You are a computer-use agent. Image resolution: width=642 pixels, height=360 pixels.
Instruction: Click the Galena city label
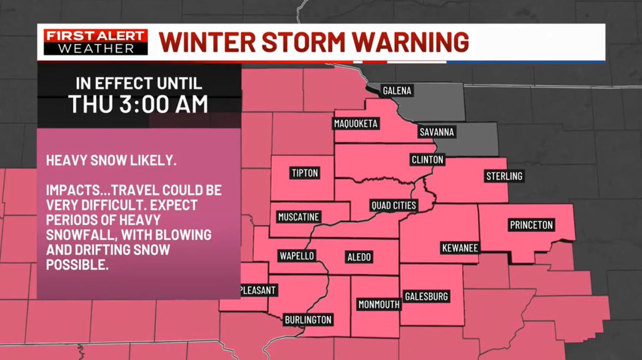point(397,91)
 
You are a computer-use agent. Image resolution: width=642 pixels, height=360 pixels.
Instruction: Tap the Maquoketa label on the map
point(356,124)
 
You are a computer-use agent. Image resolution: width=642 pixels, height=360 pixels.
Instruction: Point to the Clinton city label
point(427,159)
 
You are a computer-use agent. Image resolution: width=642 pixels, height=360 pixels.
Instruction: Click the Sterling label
point(503,176)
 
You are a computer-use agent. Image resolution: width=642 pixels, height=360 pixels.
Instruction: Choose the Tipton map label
point(305,173)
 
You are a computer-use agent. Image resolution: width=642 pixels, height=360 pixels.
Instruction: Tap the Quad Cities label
point(394,205)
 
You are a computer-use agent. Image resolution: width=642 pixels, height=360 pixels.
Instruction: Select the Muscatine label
point(299,217)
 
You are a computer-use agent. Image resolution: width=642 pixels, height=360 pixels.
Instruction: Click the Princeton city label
point(531,225)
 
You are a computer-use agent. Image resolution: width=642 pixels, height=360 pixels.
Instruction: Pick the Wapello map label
point(295,255)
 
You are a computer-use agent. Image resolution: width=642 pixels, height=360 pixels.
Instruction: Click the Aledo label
point(358,257)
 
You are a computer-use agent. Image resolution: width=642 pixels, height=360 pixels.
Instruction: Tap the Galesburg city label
point(426,296)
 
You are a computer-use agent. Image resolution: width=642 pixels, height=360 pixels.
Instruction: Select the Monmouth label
point(379,305)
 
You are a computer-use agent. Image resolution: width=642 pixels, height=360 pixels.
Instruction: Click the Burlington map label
point(308,320)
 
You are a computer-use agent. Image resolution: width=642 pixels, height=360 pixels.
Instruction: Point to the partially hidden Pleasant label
point(258,290)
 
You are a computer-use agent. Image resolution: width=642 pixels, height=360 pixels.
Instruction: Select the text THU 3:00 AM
point(139,104)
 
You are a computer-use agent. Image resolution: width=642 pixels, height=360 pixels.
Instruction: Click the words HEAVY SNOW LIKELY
point(111,160)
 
